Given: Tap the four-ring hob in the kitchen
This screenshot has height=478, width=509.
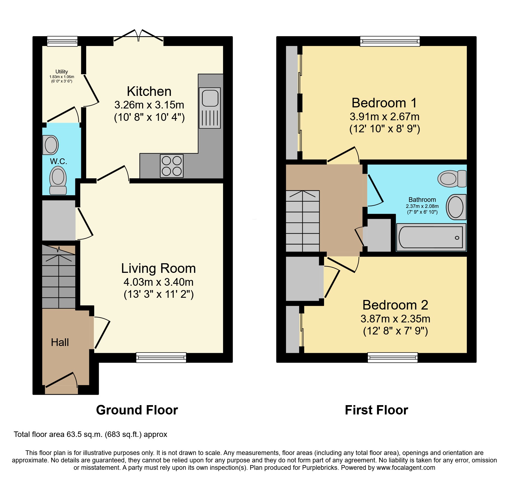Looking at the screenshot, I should (172, 166).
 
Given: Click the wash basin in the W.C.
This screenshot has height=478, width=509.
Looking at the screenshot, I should (51, 145).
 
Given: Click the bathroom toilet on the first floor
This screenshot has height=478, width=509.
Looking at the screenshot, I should (452, 179).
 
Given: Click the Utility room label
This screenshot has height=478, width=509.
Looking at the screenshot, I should (62, 72).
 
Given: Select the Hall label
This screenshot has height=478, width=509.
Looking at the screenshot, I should (60, 342).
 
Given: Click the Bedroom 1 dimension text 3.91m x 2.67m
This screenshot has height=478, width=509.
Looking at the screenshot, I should (384, 117).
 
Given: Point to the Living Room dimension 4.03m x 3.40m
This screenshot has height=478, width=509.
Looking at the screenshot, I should (158, 282).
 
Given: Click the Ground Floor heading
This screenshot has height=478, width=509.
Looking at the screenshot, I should (137, 410).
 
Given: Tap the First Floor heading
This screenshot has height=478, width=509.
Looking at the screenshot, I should (376, 410).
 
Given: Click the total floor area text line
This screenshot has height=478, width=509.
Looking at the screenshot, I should (90, 434).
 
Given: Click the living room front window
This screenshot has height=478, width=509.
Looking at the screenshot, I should (161, 357).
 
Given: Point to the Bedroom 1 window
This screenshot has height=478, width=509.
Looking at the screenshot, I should (390, 41).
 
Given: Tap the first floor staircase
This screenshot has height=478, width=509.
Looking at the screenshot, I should (302, 221).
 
